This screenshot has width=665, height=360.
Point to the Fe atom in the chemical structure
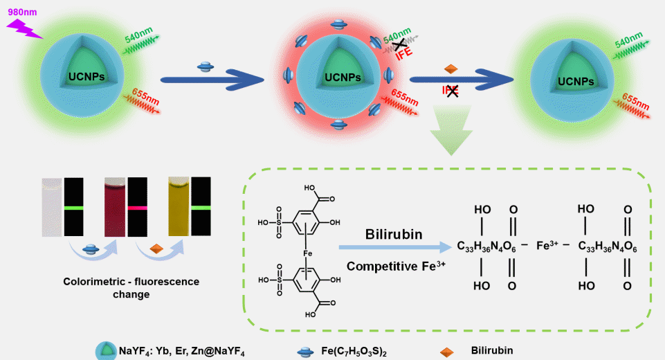308,253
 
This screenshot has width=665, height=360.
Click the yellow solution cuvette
179,206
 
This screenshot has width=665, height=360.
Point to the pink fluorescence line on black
137,207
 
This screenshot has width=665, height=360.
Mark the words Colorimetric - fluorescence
131,282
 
